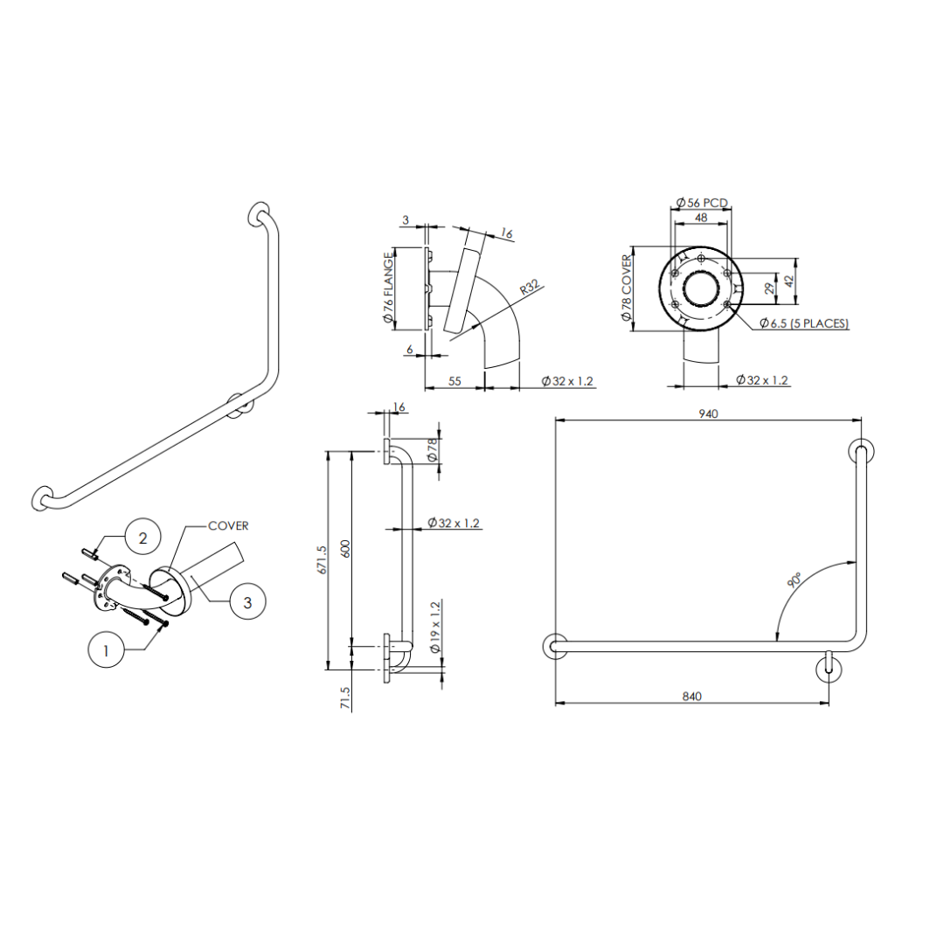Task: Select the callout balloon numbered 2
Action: [x=142, y=537]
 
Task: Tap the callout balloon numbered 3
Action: [x=248, y=602]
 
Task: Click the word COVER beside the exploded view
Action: [x=228, y=526]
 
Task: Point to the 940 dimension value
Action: [x=708, y=414]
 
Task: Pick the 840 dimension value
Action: [x=691, y=697]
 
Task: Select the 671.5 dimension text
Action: [x=322, y=559]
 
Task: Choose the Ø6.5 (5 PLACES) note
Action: [x=803, y=323]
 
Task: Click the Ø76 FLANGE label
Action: [x=387, y=289]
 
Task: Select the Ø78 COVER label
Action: [x=626, y=288]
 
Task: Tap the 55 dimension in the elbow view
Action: [x=455, y=381]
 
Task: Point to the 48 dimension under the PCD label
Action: [x=701, y=217]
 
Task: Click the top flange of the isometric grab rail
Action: [x=259, y=214]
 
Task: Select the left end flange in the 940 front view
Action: [x=554, y=647]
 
